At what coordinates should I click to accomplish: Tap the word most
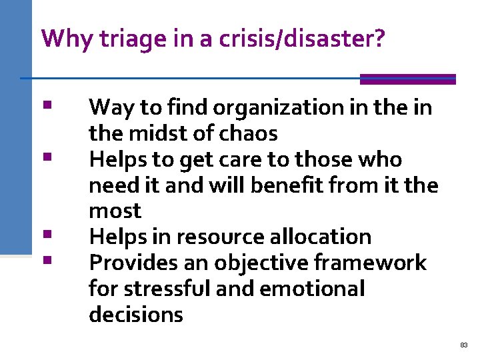coord(115,211)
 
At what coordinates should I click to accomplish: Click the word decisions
coord(135,315)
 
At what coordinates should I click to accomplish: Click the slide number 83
coord(464,345)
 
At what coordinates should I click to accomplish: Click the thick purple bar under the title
coord(407,79)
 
